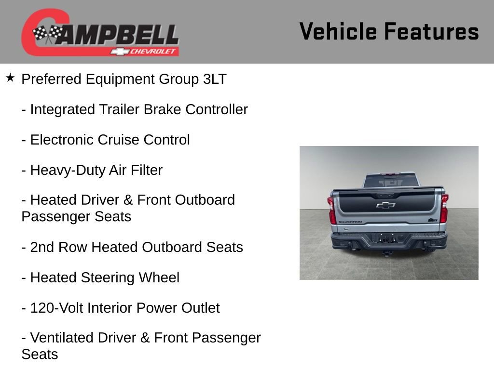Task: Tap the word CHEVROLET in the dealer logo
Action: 153,52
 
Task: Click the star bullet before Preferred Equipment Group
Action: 10,78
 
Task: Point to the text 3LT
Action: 214,79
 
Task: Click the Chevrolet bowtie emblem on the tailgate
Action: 385,205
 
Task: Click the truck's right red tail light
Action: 444,209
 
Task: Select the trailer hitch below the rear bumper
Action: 386,252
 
